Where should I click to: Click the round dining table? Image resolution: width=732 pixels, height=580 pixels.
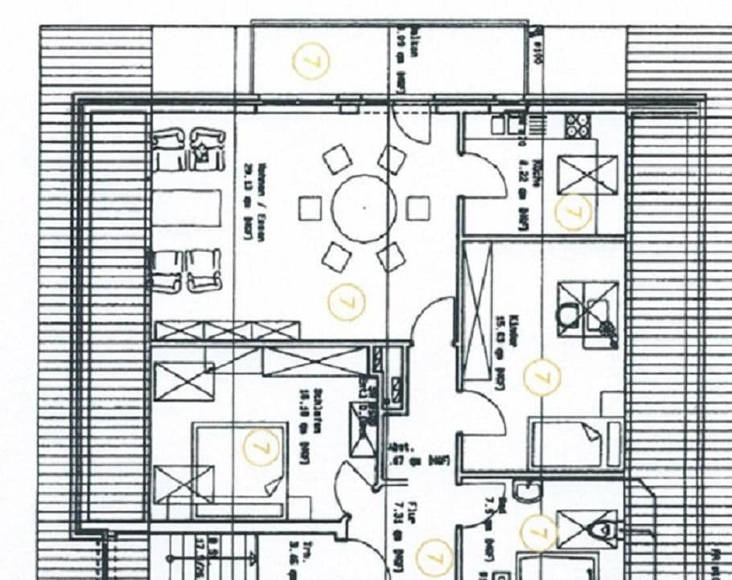(x=364, y=208)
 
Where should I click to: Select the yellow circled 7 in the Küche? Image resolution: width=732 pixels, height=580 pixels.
(x=574, y=212)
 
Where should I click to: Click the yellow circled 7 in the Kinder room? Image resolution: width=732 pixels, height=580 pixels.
(x=541, y=377)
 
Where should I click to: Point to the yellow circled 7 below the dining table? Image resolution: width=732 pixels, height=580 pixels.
(x=347, y=302)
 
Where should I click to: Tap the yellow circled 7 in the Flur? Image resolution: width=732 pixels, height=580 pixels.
(x=435, y=555)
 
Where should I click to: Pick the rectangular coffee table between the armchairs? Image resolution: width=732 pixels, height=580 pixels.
(x=187, y=209)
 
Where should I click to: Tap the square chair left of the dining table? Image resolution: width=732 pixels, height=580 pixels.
(x=310, y=209)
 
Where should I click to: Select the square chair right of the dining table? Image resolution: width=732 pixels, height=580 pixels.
(x=417, y=208)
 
